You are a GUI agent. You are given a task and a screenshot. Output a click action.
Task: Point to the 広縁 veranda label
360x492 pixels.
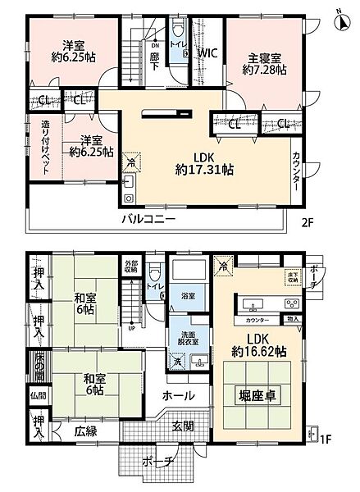tap(86, 429)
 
